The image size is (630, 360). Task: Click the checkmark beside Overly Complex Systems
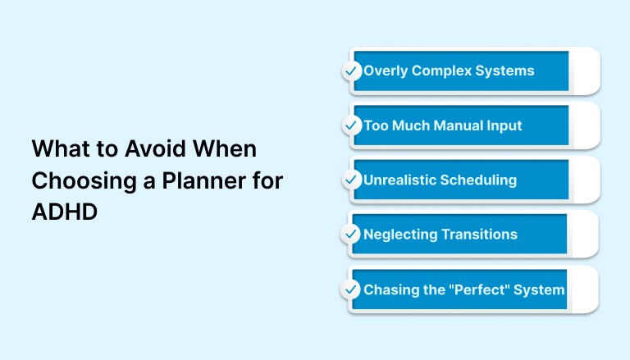(x=351, y=71)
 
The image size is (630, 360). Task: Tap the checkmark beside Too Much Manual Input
(x=351, y=126)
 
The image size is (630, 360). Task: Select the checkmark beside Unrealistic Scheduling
(x=351, y=180)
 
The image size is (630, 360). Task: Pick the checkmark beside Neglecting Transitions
(x=351, y=235)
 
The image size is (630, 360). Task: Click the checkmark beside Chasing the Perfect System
(x=351, y=289)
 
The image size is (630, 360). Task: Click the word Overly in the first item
(x=386, y=71)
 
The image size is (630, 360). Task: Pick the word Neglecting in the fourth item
(x=400, y=235)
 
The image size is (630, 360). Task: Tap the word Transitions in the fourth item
(x=479, y=235)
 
